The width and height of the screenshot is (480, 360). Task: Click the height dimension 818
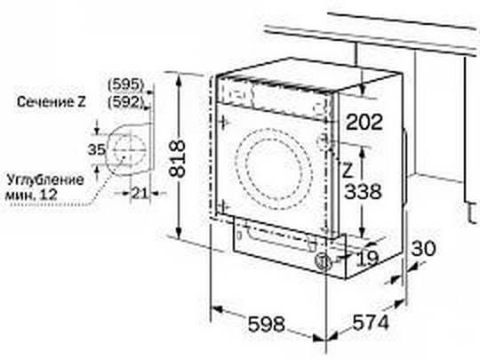(177, 158)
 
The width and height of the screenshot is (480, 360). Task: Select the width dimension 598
(267, 324)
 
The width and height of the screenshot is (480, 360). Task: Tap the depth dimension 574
(371, 322)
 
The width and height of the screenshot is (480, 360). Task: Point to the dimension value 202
(364, 122)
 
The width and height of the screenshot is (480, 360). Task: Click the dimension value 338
(363, 191)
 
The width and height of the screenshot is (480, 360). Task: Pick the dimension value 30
(423, 248)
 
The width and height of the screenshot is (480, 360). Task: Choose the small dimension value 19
(368, 259)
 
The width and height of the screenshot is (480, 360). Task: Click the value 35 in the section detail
(97, 149)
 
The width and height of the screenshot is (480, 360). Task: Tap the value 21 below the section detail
(140, 193)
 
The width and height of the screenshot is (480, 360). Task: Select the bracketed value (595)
(126, 84)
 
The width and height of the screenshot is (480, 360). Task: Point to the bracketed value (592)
(126, 101)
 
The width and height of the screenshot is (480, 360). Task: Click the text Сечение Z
(52, 102)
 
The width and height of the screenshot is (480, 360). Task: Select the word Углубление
(45, 180)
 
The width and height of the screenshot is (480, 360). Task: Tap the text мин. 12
(31, 195)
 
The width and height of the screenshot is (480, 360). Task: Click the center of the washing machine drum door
(274, 169)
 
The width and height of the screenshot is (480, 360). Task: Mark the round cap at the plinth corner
(323, 261)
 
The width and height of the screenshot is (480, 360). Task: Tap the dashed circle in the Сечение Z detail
(130, 150)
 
